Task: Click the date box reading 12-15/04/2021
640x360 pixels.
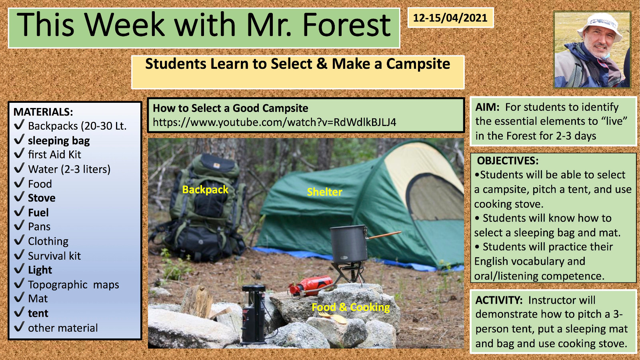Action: click(450, 18)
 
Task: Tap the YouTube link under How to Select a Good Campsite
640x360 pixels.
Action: click(274, 122)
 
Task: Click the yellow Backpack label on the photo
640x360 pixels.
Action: click(205, 190)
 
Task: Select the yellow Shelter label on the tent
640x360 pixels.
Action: click(324, 192)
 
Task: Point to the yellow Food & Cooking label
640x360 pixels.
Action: click(350, 307)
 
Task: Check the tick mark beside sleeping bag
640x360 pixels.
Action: click(19, 139)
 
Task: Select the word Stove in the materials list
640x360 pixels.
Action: click(42, 198)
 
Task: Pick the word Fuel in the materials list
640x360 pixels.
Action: click(38, 212)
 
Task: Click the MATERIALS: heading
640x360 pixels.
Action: click(43, 112)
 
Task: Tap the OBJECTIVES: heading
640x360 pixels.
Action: click(508, 161)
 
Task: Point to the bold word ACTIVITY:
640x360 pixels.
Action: click(499, 300)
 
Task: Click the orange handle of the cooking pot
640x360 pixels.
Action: click(384, 235)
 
